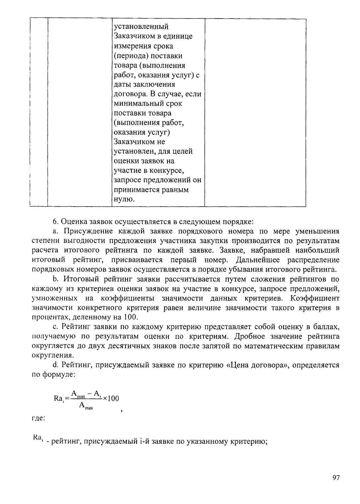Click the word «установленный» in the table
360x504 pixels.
coord(141,27)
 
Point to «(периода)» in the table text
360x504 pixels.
coord(131,56)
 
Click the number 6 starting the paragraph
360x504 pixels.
coord(55,222)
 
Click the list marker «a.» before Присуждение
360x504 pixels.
coord(55,231)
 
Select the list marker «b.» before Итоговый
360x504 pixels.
coord(55,279)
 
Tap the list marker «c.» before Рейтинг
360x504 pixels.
coord(55,327)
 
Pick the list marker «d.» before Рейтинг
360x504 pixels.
coord(55,365)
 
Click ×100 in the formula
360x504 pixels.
coord(111,398)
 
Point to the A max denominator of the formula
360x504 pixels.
coord(86,406)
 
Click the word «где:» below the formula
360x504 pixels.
coord(38,418)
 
